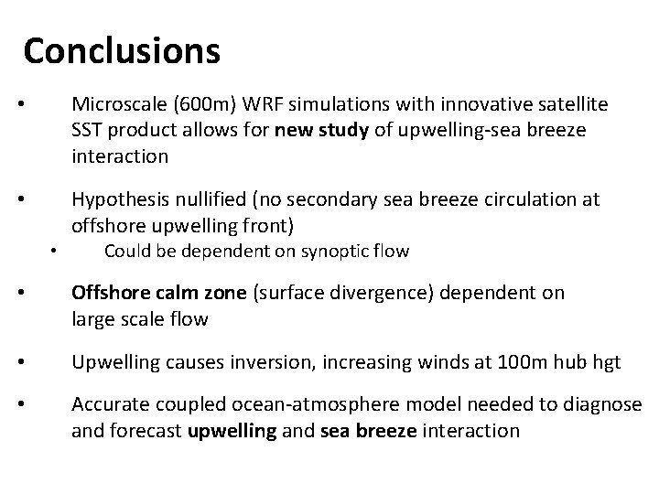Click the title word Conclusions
click(x=122, y=52)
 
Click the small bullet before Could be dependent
click(x=54, y=252)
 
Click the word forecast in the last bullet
click(x=145, y=430)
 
